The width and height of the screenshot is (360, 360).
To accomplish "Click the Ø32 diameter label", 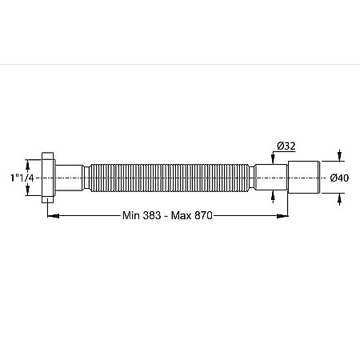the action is [286, 146].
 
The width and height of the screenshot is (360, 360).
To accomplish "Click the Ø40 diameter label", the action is [339, 178].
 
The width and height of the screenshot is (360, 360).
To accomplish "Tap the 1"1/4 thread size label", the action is [22, 178].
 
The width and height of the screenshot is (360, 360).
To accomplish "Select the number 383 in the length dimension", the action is [152, 215].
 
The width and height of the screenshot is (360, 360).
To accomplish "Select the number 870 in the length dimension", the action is [203, 215].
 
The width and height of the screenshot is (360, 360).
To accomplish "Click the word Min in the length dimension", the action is [131, 215].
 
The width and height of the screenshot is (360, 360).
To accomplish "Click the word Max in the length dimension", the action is [182, 215].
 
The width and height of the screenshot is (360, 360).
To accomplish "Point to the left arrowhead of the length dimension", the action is [54, 215].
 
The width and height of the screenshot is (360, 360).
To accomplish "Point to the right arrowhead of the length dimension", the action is [282, 215].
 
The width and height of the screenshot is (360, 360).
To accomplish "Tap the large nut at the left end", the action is [48, 178].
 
